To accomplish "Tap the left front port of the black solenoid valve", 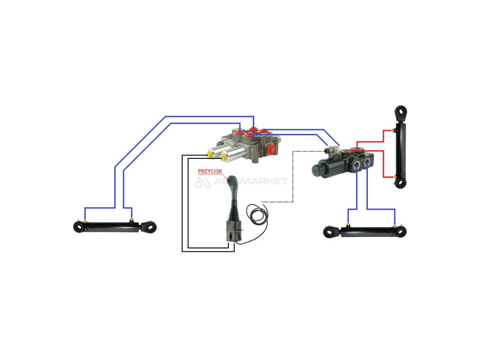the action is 357,165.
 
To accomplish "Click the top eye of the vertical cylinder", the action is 401,112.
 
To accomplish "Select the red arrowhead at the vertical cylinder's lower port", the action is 393,178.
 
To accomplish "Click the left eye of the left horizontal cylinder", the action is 78,227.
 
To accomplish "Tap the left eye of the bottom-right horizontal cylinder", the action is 329,232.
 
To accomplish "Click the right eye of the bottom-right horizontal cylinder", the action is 401,231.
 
